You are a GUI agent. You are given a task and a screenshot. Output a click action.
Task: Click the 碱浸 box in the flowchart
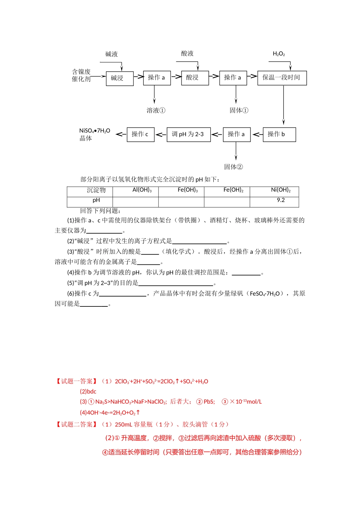(119, 78)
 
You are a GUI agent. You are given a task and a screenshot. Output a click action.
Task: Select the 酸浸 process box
(195, 78)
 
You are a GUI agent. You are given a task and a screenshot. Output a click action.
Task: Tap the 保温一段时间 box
(282, 78)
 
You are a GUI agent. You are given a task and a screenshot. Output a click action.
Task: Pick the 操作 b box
(279, 134)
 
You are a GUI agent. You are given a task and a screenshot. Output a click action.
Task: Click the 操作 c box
(140, 134)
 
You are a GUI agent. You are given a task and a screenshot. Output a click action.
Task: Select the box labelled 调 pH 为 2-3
(188, 134)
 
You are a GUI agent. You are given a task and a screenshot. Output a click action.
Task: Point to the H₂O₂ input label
(279, 54)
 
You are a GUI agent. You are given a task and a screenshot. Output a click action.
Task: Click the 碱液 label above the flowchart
(111, 54)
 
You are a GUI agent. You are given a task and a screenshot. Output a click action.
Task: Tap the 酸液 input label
(187, 53)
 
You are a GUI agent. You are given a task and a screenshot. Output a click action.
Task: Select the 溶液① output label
(156, 111)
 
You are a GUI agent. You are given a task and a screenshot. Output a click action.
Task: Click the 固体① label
(239, 111)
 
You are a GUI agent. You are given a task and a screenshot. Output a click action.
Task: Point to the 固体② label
(233, 167)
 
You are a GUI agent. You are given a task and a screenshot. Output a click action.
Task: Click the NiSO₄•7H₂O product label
(94, 131)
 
